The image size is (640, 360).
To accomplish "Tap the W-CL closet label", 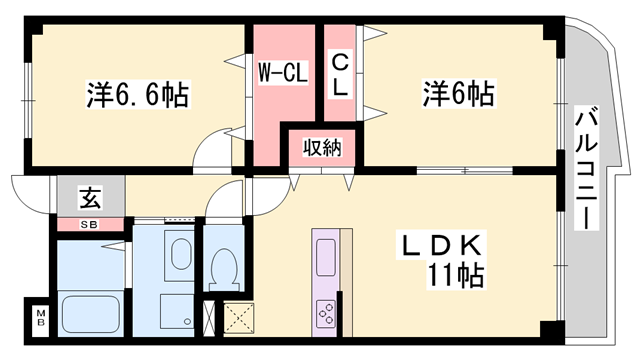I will coord(283,73).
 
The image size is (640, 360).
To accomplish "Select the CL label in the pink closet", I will coord(340,73).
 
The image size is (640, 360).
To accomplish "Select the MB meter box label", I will coord(41,319).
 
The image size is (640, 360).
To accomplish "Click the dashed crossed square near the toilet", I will coord(239,316).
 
